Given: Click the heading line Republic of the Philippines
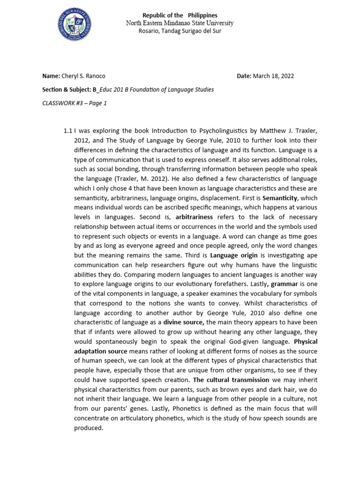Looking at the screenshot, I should [180, 15].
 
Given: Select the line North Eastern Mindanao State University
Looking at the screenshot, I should [180, 23].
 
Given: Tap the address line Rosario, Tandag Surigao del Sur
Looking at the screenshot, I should [180, 31].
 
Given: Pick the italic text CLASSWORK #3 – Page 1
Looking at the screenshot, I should [75, 103].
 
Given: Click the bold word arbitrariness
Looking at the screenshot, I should [194, 217].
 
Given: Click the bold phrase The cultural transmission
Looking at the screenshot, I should [231, 380].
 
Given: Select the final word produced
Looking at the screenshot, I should [89, 428].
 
